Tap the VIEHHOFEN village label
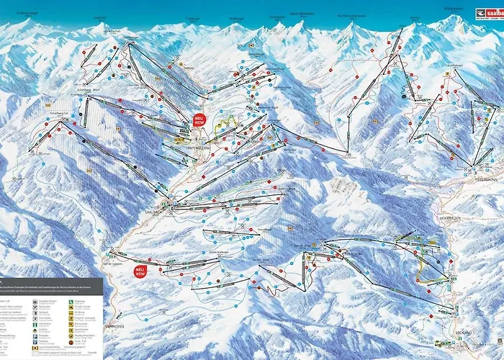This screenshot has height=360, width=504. pos(117,326)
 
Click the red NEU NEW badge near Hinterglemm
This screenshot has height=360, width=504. pos(199,120)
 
